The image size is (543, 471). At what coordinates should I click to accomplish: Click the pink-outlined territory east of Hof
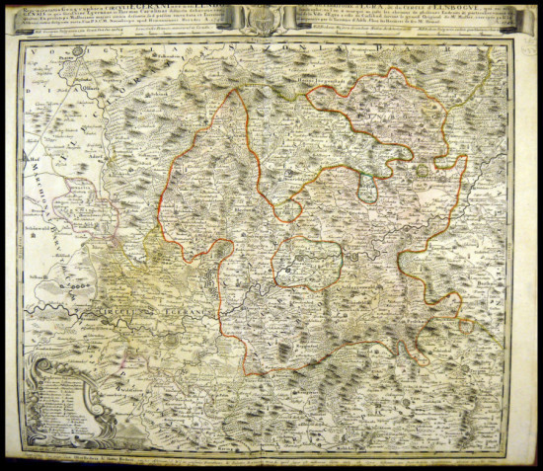point(69,197)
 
